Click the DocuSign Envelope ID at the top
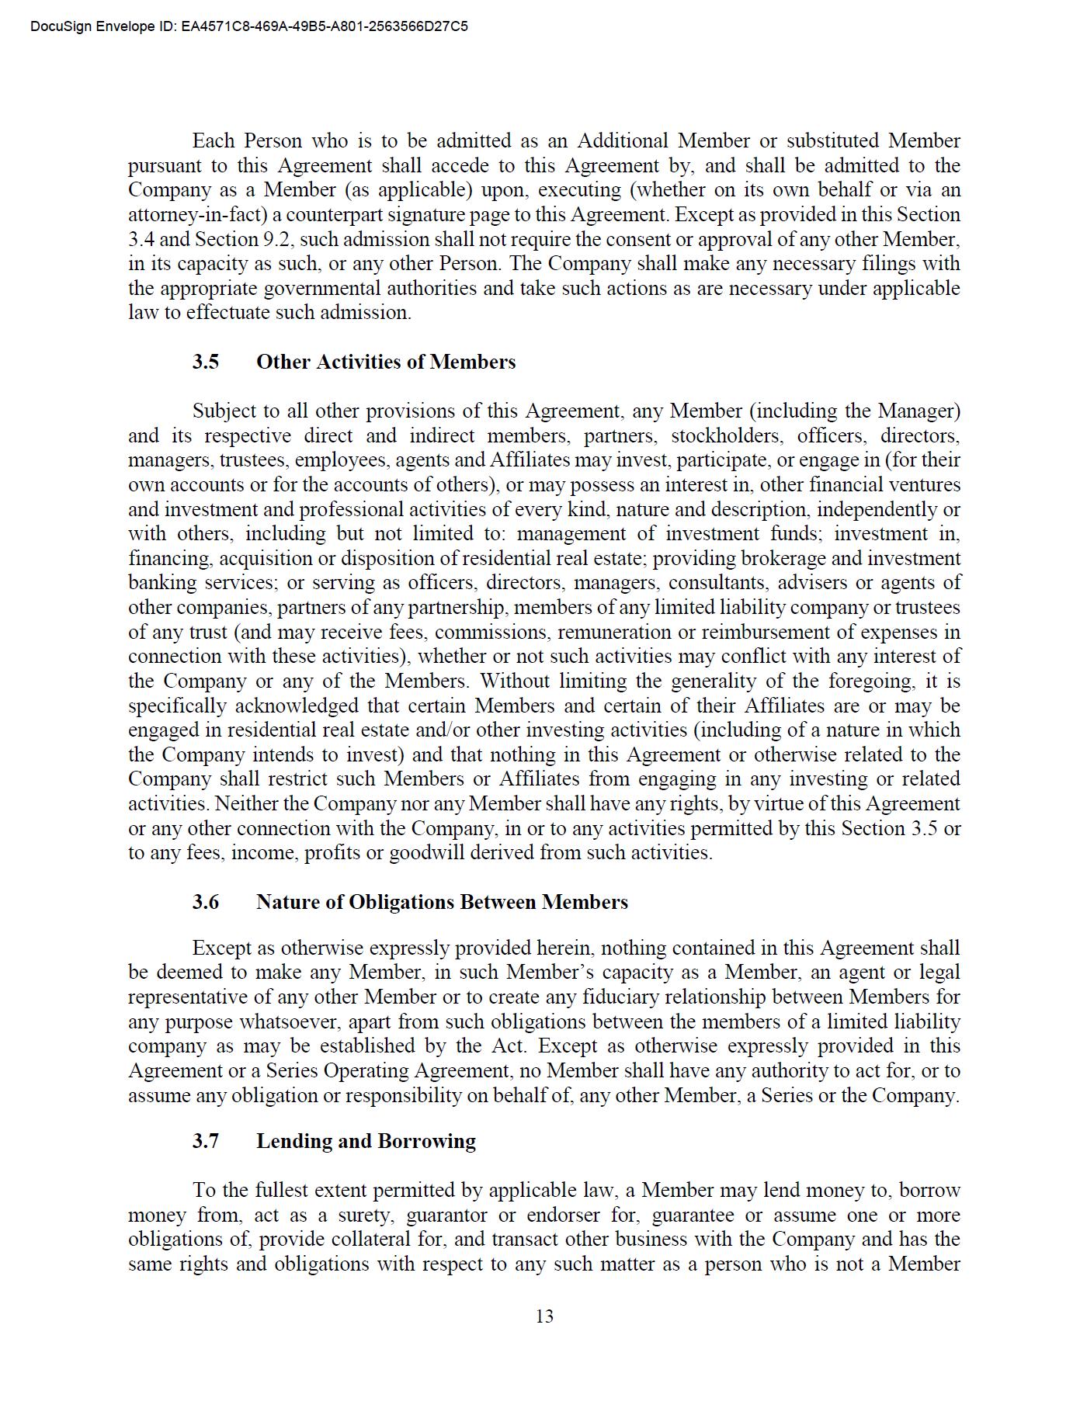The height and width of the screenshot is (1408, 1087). click(x=249, y=26)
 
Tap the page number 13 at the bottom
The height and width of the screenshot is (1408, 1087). click(x=544, y=1316)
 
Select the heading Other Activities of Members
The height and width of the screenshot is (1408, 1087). click(x=385, y=362)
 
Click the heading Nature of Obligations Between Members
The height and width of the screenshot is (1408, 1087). click(x=442, y=902)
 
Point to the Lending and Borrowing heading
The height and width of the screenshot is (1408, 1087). click(x=366, y=1141)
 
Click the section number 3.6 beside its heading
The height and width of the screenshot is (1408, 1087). click(x=206, y=902)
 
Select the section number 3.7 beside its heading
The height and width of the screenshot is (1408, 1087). click(x=206, y=1141)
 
